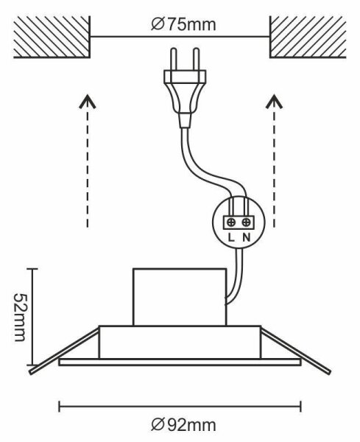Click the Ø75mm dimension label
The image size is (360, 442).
(x=183, y=25)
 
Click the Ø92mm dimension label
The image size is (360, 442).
(x=183, y=425)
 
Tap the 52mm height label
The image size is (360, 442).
(x=20, y=317)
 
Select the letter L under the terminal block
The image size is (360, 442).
(x=231, y=238)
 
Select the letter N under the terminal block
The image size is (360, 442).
(x=247, y=238)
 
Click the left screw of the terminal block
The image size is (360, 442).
(x=231, y=222)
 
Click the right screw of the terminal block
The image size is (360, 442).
(x=247, y=222)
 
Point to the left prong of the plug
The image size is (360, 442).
(x=174, y=59)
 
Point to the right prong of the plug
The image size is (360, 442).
(x=196, y=59)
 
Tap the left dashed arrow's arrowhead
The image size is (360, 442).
(x=88, y=102)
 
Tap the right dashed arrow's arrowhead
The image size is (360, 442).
(x=274, y=102)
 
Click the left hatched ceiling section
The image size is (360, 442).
(x=52, y=37)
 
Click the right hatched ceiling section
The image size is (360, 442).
(x=308, y=37)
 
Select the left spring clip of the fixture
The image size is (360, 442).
(x=64, y=351)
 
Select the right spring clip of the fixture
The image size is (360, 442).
(x=295, y=351)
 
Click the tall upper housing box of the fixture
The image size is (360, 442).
(x=180, y=297)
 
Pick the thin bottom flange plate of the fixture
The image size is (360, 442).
(x=180, y=362)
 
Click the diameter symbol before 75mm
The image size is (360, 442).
(x=158, y=25)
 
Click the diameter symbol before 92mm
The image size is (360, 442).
(x=158, y=425)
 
